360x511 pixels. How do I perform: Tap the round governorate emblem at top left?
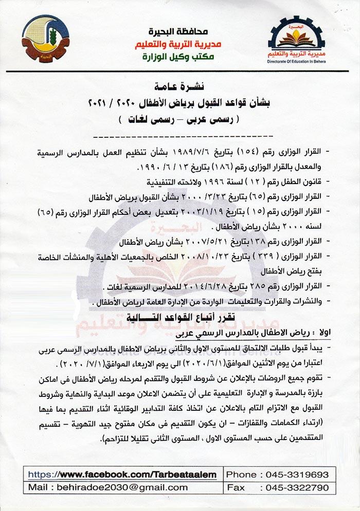[46, 38]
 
